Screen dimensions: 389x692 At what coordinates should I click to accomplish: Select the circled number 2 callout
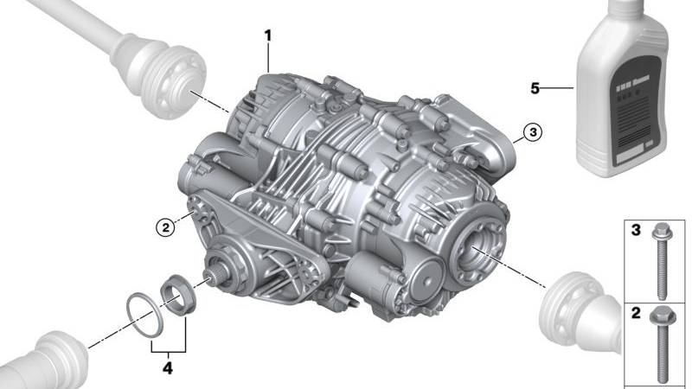[x=164, y=228]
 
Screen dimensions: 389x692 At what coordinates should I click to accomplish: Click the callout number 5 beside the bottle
[x=535, y=87]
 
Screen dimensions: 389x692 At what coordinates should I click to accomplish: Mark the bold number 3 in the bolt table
[x=635, y=233]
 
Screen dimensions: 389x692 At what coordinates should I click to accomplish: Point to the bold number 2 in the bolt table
[x=635, y=313]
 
